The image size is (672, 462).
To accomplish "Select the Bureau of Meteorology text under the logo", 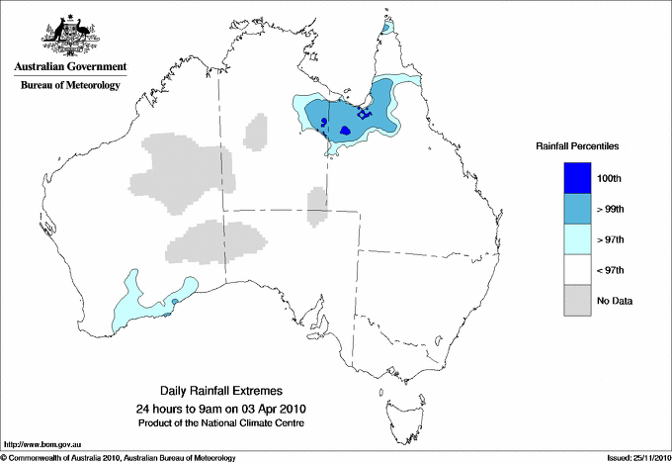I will point(70,86).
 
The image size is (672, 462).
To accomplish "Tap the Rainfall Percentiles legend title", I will point(577,145).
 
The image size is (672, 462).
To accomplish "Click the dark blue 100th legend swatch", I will point(577,178).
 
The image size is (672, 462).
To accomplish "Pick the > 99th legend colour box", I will point(577,209).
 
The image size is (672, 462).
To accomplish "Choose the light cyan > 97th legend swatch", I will point(577,239).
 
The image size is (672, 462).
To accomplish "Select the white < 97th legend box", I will point(577,270).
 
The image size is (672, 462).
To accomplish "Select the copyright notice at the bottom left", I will point(119,457).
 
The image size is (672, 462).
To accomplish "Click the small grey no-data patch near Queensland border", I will point(317,207).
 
